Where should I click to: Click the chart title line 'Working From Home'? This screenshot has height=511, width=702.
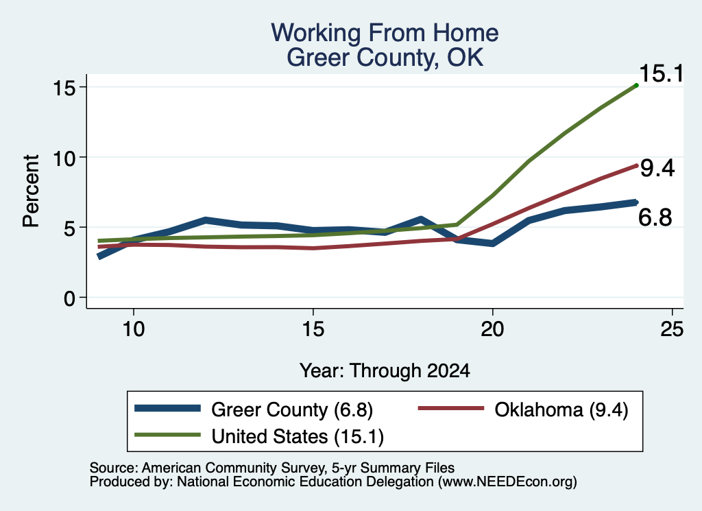(x=385, y=33)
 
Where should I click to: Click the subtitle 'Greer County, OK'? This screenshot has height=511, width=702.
(x=385, y=58)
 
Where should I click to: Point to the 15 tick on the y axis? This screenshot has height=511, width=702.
(x=64, y=87)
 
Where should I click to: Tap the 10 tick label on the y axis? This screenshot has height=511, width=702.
(x=64, y=157)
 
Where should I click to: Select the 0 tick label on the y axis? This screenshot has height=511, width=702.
(x=69, y=298)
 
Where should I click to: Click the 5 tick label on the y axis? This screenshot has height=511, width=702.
(x=69, y=228)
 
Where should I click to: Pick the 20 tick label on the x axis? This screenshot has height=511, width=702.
(x=492, y=329)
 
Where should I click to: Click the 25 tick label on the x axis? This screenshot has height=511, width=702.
(x=672, y=329)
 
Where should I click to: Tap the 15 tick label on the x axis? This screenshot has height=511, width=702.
(x=313, y=329)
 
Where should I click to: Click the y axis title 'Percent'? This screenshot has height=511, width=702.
(x=31, y=191)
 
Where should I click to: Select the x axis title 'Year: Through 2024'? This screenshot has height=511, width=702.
(x=385, y=371)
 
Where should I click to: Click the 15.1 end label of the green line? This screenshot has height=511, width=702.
(x=662, y=73)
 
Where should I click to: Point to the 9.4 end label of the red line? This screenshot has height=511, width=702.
(x=657, y=169)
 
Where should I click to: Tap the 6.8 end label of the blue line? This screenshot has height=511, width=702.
(x=655, y=217)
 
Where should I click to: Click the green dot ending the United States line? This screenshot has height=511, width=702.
(x=636, y=85)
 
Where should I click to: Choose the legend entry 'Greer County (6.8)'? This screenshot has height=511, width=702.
(x=254, y=409)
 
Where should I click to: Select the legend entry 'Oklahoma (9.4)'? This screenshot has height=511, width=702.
(x=523, y=409)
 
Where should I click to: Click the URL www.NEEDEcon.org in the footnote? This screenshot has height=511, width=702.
(x=507, y=482)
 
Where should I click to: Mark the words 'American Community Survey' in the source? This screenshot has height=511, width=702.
(x=233, y=468)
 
